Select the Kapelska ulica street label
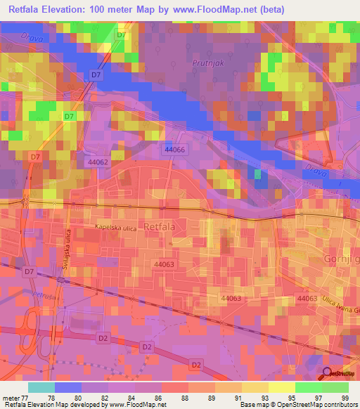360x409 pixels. (115, 227)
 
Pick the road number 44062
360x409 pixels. (98, 162)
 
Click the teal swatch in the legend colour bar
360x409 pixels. (41, 388)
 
